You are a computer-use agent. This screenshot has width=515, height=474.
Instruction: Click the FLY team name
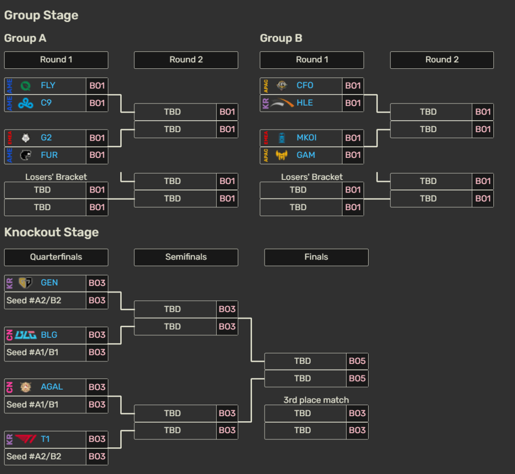48,85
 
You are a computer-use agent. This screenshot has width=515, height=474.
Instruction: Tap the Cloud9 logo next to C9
26,103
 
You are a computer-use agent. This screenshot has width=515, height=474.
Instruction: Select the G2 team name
46,138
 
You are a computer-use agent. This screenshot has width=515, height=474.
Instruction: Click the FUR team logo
26,155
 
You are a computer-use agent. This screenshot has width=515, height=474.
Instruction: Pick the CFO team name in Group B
305,85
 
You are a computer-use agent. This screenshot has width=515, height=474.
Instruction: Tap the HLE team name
305,103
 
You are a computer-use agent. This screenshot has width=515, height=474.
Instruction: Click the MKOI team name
306,138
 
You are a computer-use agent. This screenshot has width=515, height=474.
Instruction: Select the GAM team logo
282,155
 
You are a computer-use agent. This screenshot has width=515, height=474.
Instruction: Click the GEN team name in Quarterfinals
49,283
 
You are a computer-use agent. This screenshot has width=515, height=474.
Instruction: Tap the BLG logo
26,335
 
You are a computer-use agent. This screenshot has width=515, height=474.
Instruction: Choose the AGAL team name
52,387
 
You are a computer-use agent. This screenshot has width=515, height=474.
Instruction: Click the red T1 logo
26,439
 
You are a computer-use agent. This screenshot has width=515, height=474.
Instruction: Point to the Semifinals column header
186,257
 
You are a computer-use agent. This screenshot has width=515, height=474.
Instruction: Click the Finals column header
316,257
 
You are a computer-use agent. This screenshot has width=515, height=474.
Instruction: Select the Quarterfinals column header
56,257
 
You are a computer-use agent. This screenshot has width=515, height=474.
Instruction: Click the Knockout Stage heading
51,232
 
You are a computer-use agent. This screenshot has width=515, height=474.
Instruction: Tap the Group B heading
281,38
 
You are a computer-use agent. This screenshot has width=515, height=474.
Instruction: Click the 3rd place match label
316,400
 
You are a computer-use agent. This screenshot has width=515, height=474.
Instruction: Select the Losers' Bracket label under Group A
56,177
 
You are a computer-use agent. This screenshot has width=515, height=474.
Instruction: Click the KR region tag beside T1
10,439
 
